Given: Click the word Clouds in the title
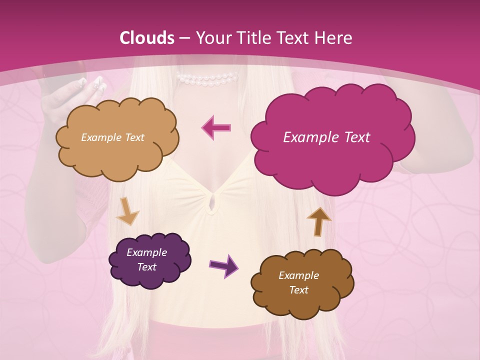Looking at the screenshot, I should point(147,38).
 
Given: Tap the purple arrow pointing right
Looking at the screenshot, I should point(223,265).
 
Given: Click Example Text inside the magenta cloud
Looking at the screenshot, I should point(326,137).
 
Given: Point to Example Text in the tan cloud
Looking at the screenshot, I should point(112,137).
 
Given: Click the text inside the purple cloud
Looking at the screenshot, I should point(146,259).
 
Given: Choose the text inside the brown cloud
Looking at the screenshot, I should point(298,282).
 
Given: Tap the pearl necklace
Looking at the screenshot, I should point(207,78).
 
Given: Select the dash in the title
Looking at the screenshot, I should point(183,38).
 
